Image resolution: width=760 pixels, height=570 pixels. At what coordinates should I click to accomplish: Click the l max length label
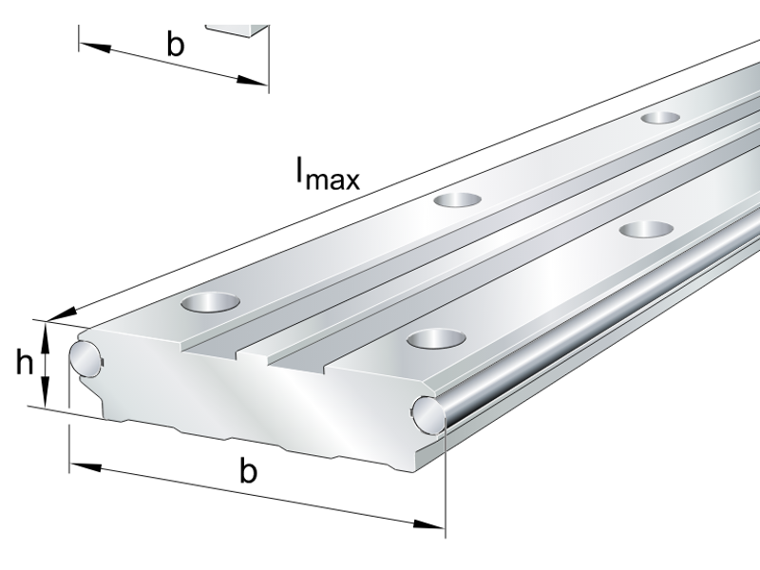click(x=327, y=174)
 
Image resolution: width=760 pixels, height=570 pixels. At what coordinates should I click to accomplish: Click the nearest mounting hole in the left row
click(x=211, y=304)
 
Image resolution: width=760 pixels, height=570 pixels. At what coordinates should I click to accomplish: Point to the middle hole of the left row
click(x=458, y=199)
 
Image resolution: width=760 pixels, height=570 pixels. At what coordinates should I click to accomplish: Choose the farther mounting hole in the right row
click(x=646, y=229)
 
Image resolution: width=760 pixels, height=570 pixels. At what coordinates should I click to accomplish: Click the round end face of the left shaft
click(x=85, y=355)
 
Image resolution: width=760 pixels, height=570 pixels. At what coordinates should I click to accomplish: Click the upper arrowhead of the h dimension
click(x=46, y=329)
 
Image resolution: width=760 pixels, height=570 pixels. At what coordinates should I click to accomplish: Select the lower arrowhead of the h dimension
click(x=46, y=398)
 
